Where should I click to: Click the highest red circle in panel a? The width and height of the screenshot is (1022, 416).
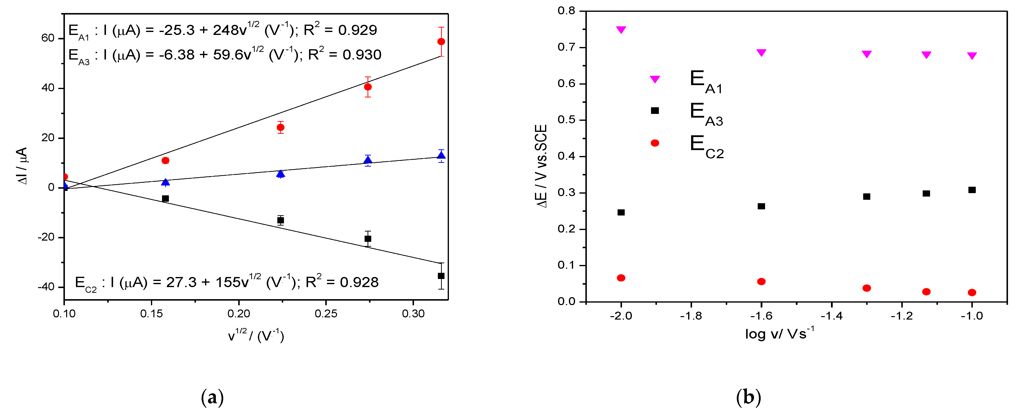point(441,42)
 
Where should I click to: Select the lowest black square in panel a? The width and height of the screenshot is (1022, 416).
point(441,276)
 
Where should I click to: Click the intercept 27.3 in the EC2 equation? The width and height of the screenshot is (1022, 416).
point(181,282)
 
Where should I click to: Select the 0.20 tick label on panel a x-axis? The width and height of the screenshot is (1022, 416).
point(238,314)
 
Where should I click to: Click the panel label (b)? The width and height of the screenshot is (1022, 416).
point(748,397)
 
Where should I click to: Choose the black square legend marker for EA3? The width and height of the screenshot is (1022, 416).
point(655,111)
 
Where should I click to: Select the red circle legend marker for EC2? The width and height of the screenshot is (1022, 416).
point(655,143)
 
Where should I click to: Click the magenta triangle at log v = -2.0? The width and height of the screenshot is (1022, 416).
point(621,30)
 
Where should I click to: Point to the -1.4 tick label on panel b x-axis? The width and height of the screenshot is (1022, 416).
point(831,316)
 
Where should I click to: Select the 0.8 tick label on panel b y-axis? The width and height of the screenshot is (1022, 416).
point(566,11)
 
